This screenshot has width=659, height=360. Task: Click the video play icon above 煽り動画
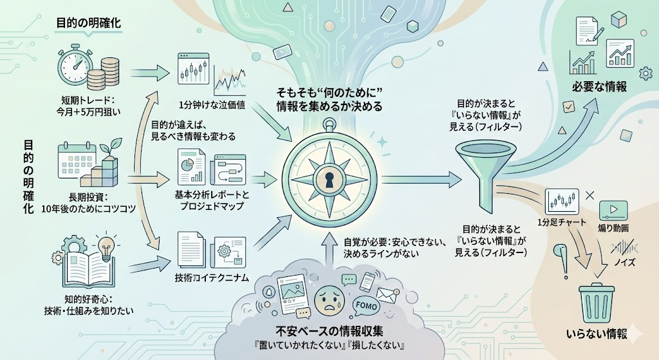pos(613,211)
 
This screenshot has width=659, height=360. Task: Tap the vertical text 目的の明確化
pos(27,180)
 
